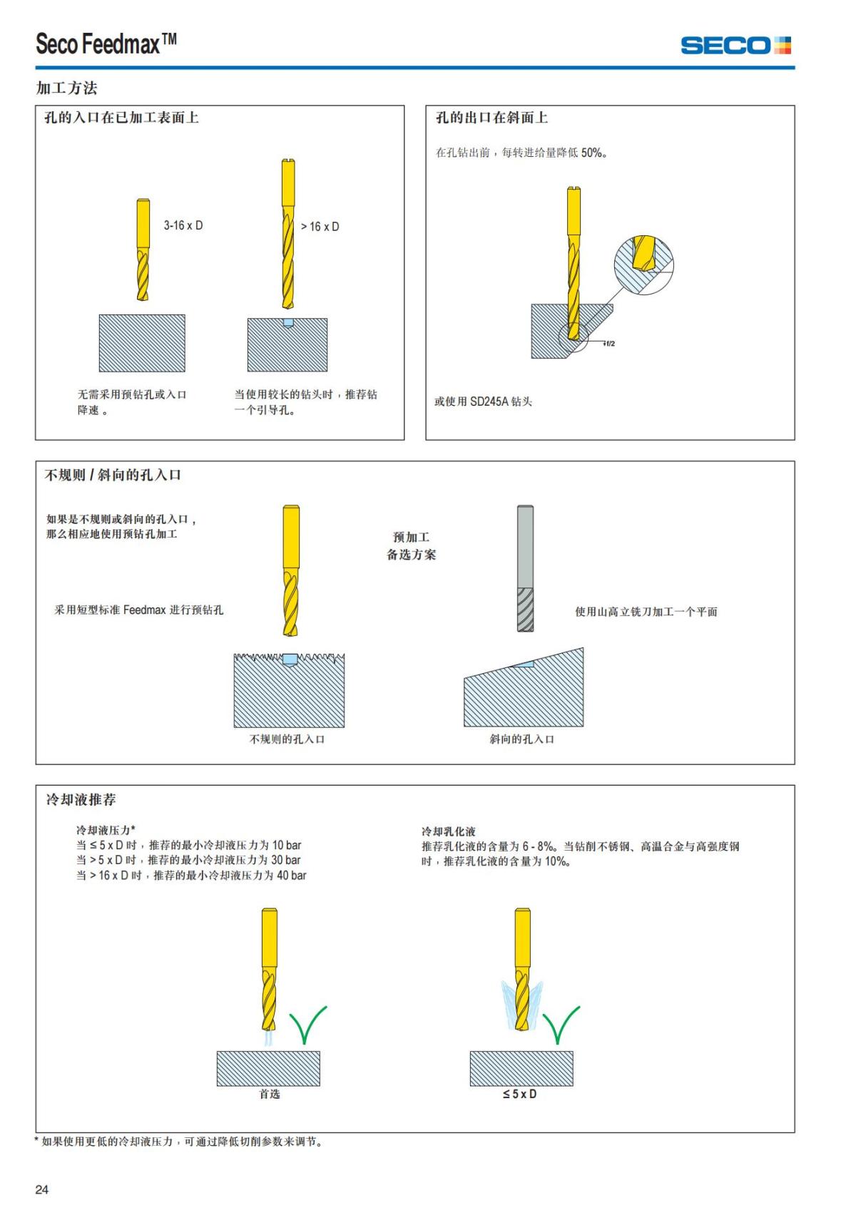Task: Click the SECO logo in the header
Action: coord(735,46)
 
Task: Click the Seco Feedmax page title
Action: coord(106,44)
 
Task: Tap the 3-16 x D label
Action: coord(183,225)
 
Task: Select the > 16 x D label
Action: coord(320,227)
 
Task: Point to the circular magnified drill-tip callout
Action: coord(643,264)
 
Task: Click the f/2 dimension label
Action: coord(609,344)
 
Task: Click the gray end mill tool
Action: coord(525,568)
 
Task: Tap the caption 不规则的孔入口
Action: coord(287,739)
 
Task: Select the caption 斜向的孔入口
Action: coord(521,739)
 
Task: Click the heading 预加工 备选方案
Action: coord(411,545)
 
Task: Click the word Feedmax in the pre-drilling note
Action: coord(144,610)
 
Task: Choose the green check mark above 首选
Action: coord(307,1025)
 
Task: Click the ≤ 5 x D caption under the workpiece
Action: coord(519,1094)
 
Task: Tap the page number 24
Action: coord(42,1189)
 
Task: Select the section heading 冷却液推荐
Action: coord(81,800)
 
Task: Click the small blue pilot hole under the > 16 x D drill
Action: coord(288,322)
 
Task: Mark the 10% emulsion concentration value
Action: coord(556,861)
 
